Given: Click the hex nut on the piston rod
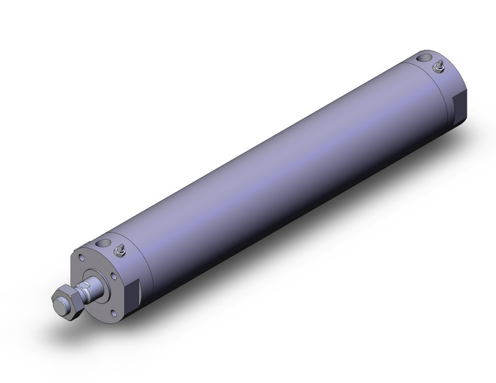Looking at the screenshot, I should [x=66, y=301].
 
